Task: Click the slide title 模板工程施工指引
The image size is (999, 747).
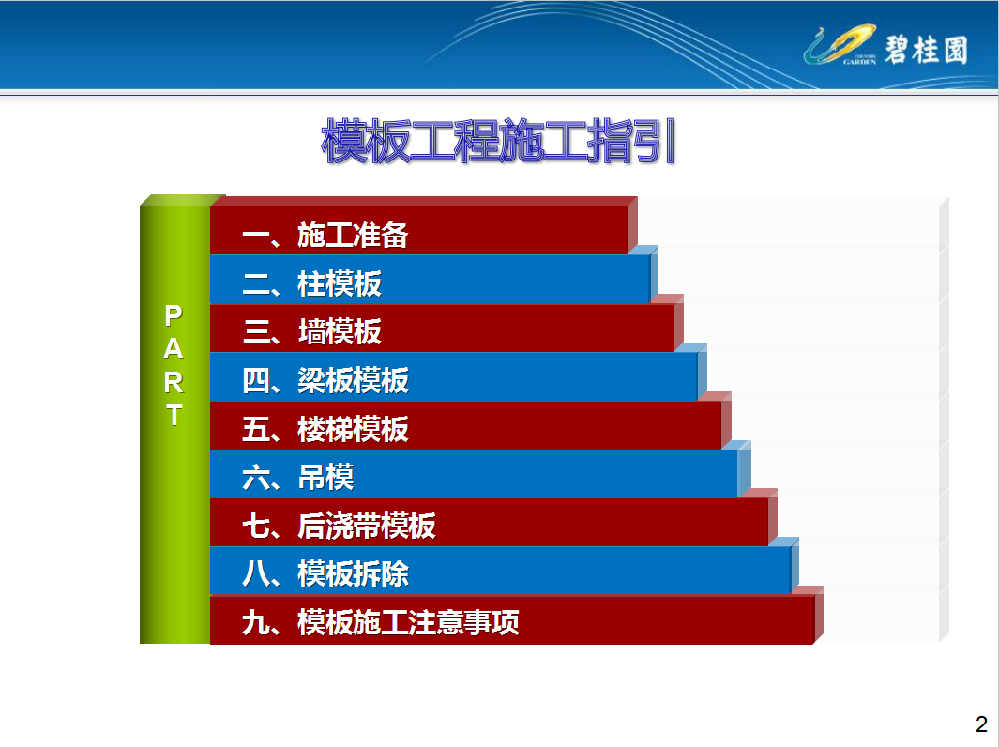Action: pos(498,141)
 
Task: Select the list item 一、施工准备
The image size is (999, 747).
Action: pos(325,236)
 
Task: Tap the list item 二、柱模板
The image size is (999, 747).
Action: pos(311,283)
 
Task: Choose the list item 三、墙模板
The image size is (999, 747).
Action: pos(311,332)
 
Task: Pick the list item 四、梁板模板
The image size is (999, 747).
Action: pos(325,380)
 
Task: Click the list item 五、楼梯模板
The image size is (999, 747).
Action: pos(325,429)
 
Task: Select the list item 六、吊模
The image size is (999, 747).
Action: pos(297,478)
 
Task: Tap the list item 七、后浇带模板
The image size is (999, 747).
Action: pos(339,526)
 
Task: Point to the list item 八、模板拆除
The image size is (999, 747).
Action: pos(325,573)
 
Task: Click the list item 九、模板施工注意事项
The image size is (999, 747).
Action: pos(380,622)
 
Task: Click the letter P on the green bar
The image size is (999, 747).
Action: pos(174,315)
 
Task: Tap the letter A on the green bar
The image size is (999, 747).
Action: pos(174,349)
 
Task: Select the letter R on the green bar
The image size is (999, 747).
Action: pos(174,383)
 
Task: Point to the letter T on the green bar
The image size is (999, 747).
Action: pos(174,415)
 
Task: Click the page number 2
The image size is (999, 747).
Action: pos(981,724)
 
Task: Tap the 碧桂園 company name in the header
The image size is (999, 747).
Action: pos(926,49)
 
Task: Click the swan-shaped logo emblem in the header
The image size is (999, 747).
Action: pos(840,44)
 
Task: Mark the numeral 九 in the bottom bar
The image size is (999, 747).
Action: pos(255,622)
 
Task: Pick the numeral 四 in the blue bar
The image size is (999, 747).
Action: pos(255,380)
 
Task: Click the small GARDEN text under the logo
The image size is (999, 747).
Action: pos(859,62)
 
